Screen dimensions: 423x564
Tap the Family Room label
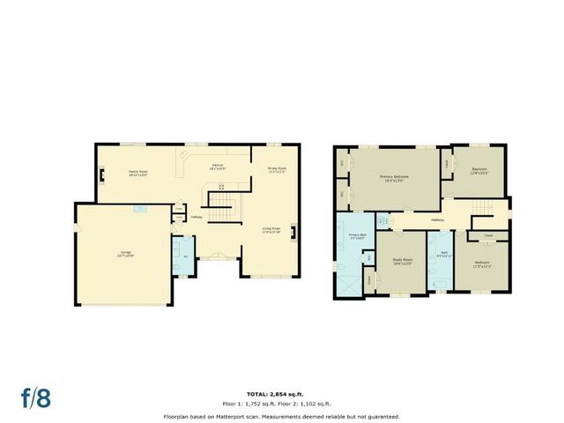137,173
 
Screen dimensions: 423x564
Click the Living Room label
271,231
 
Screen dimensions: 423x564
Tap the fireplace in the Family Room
103,174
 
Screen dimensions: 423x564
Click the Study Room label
403,261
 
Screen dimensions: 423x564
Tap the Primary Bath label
357,236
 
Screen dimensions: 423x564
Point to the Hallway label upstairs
437,220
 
